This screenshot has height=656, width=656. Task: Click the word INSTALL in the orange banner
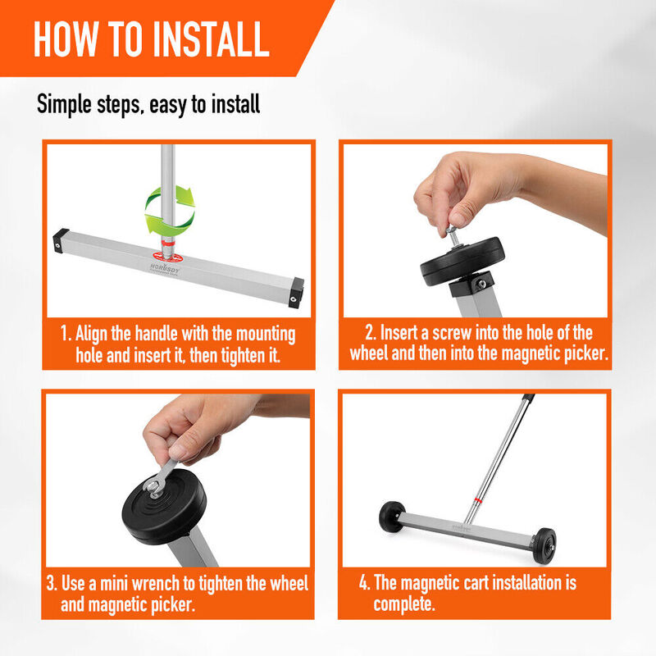pos(211,39)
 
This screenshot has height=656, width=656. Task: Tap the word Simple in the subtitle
pos(64,105)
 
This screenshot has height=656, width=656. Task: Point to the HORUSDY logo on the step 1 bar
pos(165,269)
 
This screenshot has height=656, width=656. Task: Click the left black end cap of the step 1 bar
pos(61,240)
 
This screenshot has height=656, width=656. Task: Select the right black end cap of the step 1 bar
pos(296,293)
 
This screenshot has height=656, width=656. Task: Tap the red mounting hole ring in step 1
pos(167,257)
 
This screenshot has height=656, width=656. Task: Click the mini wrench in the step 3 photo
pos(161,479)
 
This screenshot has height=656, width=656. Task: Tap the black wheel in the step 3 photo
pos(164,507)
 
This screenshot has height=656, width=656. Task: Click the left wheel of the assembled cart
pos(392,517)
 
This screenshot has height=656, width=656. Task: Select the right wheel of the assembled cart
pos(544,546)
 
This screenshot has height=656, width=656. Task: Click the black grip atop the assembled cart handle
pos(528,397)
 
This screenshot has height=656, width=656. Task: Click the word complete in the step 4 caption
pos(403,604)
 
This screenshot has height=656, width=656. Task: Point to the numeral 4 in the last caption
pos(362,582)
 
